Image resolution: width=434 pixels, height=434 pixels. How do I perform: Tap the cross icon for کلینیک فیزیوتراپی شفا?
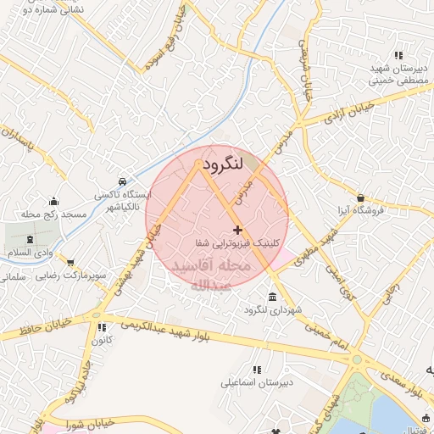point(237,230)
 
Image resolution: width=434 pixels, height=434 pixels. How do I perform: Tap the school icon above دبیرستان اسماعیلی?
point(257,369)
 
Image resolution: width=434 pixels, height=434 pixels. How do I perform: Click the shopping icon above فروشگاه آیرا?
point(359,197)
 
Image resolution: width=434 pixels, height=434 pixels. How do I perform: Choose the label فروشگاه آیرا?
point(362,209)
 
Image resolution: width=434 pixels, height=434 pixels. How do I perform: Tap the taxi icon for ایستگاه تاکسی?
point(124,181)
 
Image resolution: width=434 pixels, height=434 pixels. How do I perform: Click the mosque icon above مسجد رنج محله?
point(55,201)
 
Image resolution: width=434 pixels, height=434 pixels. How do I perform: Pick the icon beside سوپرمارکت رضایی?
point(70,264)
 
